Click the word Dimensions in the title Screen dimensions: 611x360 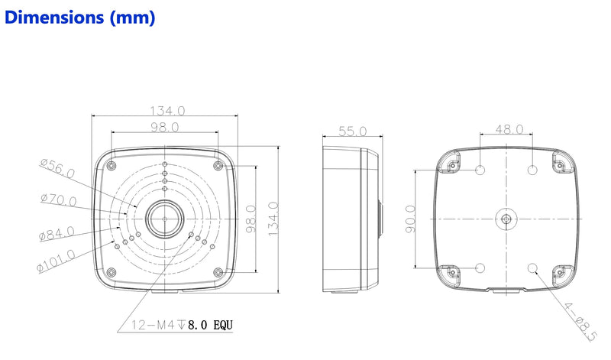54,18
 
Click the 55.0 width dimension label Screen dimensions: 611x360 352,131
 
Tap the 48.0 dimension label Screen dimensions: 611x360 509,129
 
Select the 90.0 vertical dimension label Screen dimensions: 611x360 410,219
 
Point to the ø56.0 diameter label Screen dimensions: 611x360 57,168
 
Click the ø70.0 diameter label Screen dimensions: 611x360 59,199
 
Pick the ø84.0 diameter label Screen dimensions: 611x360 57,233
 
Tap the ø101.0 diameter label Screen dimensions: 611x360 56,261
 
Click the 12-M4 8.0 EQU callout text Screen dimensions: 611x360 182,325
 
